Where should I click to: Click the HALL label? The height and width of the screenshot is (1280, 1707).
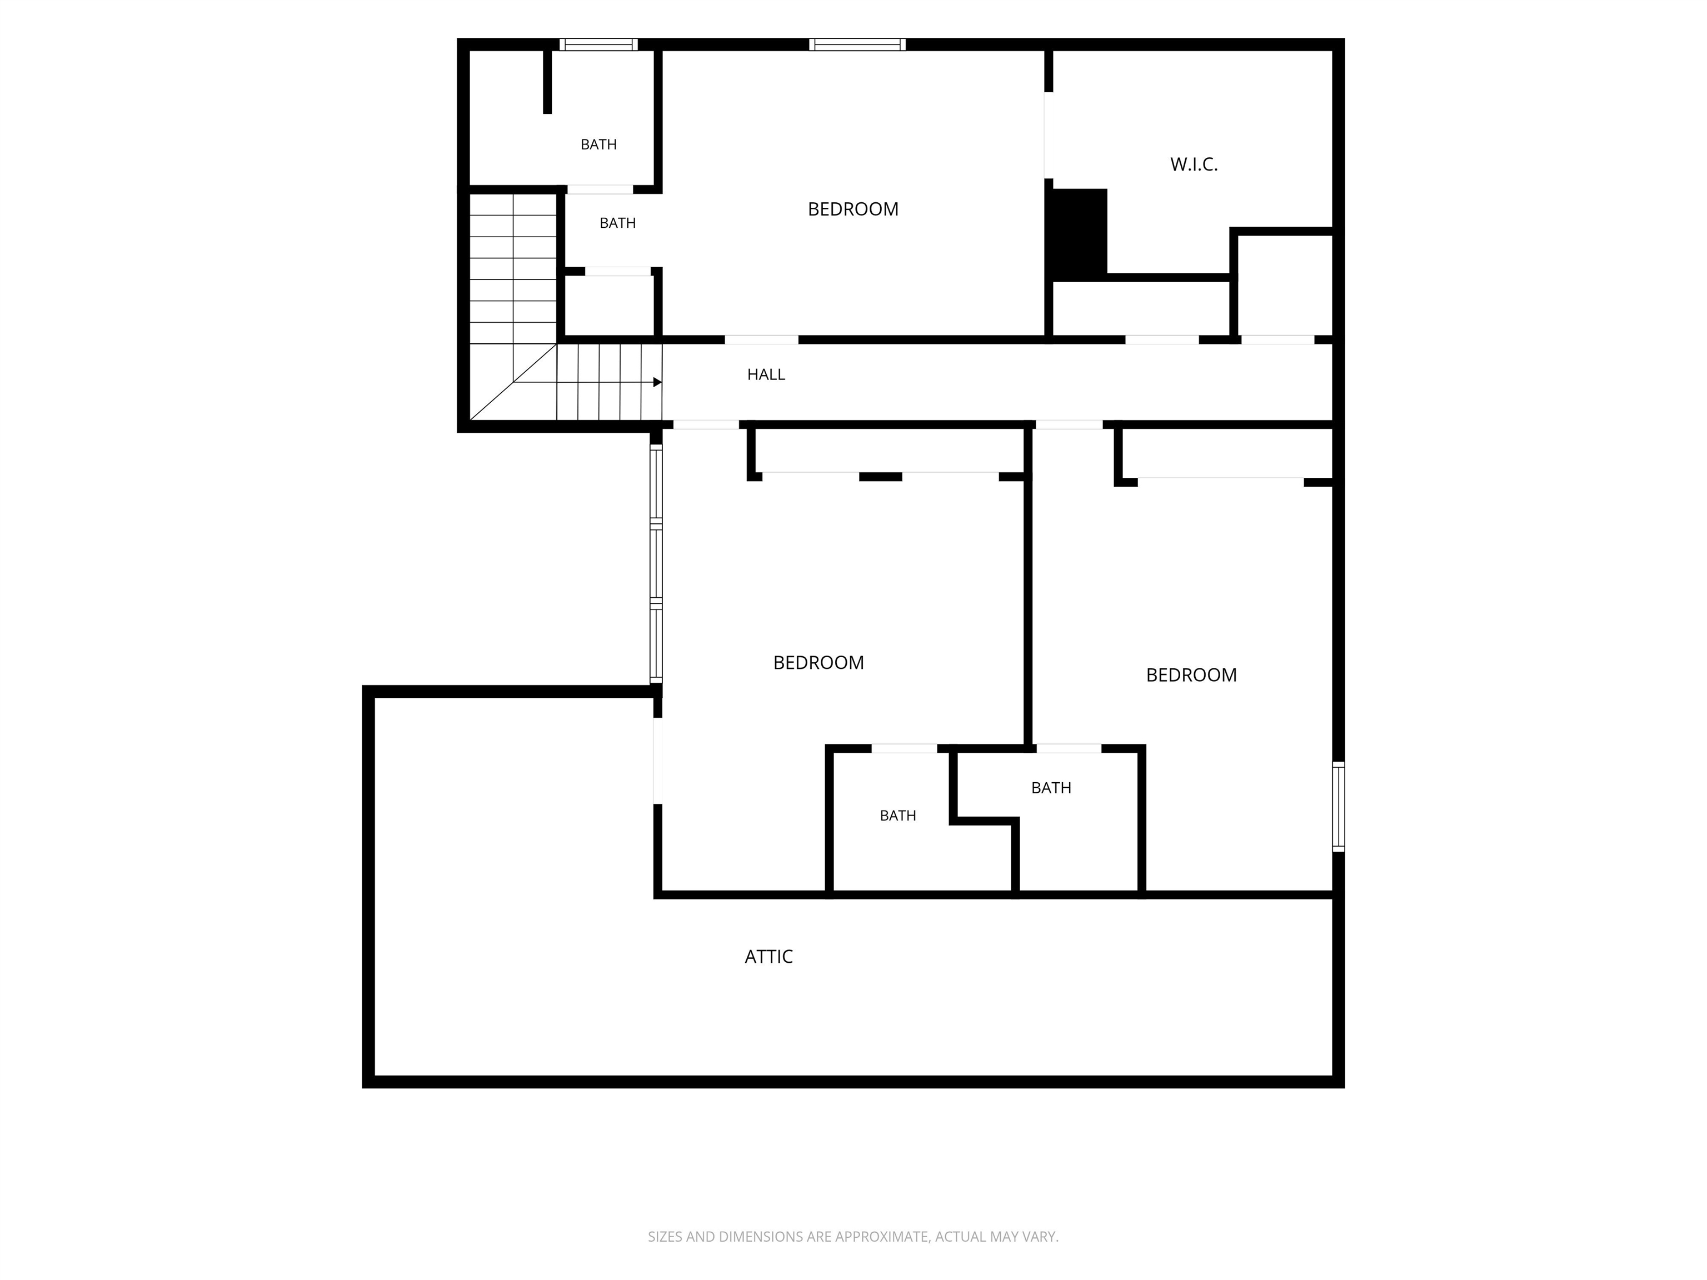(766, 374)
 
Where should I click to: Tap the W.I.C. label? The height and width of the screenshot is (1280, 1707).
(1194, 164)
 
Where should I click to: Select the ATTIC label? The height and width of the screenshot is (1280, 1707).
(768, 957)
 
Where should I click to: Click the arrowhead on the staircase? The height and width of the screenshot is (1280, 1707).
(657, 382)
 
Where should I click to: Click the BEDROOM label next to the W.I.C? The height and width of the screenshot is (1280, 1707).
(853, 209)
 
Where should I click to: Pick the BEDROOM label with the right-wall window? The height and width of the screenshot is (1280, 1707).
(1191, 675)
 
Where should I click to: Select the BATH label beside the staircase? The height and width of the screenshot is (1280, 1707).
(617, 223)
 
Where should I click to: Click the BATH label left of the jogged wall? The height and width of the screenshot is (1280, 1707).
(897, 816)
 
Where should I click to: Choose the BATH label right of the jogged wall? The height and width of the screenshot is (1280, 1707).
(1051, 788)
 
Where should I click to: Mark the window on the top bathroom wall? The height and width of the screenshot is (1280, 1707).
(599, 44)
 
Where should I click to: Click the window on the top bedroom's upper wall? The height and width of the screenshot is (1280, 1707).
(857, 44)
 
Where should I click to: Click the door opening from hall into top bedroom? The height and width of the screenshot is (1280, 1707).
(761, 339)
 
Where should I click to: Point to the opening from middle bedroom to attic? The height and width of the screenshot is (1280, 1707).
(657, 761)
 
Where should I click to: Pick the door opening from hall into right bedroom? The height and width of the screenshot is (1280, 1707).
(1069, 424)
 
